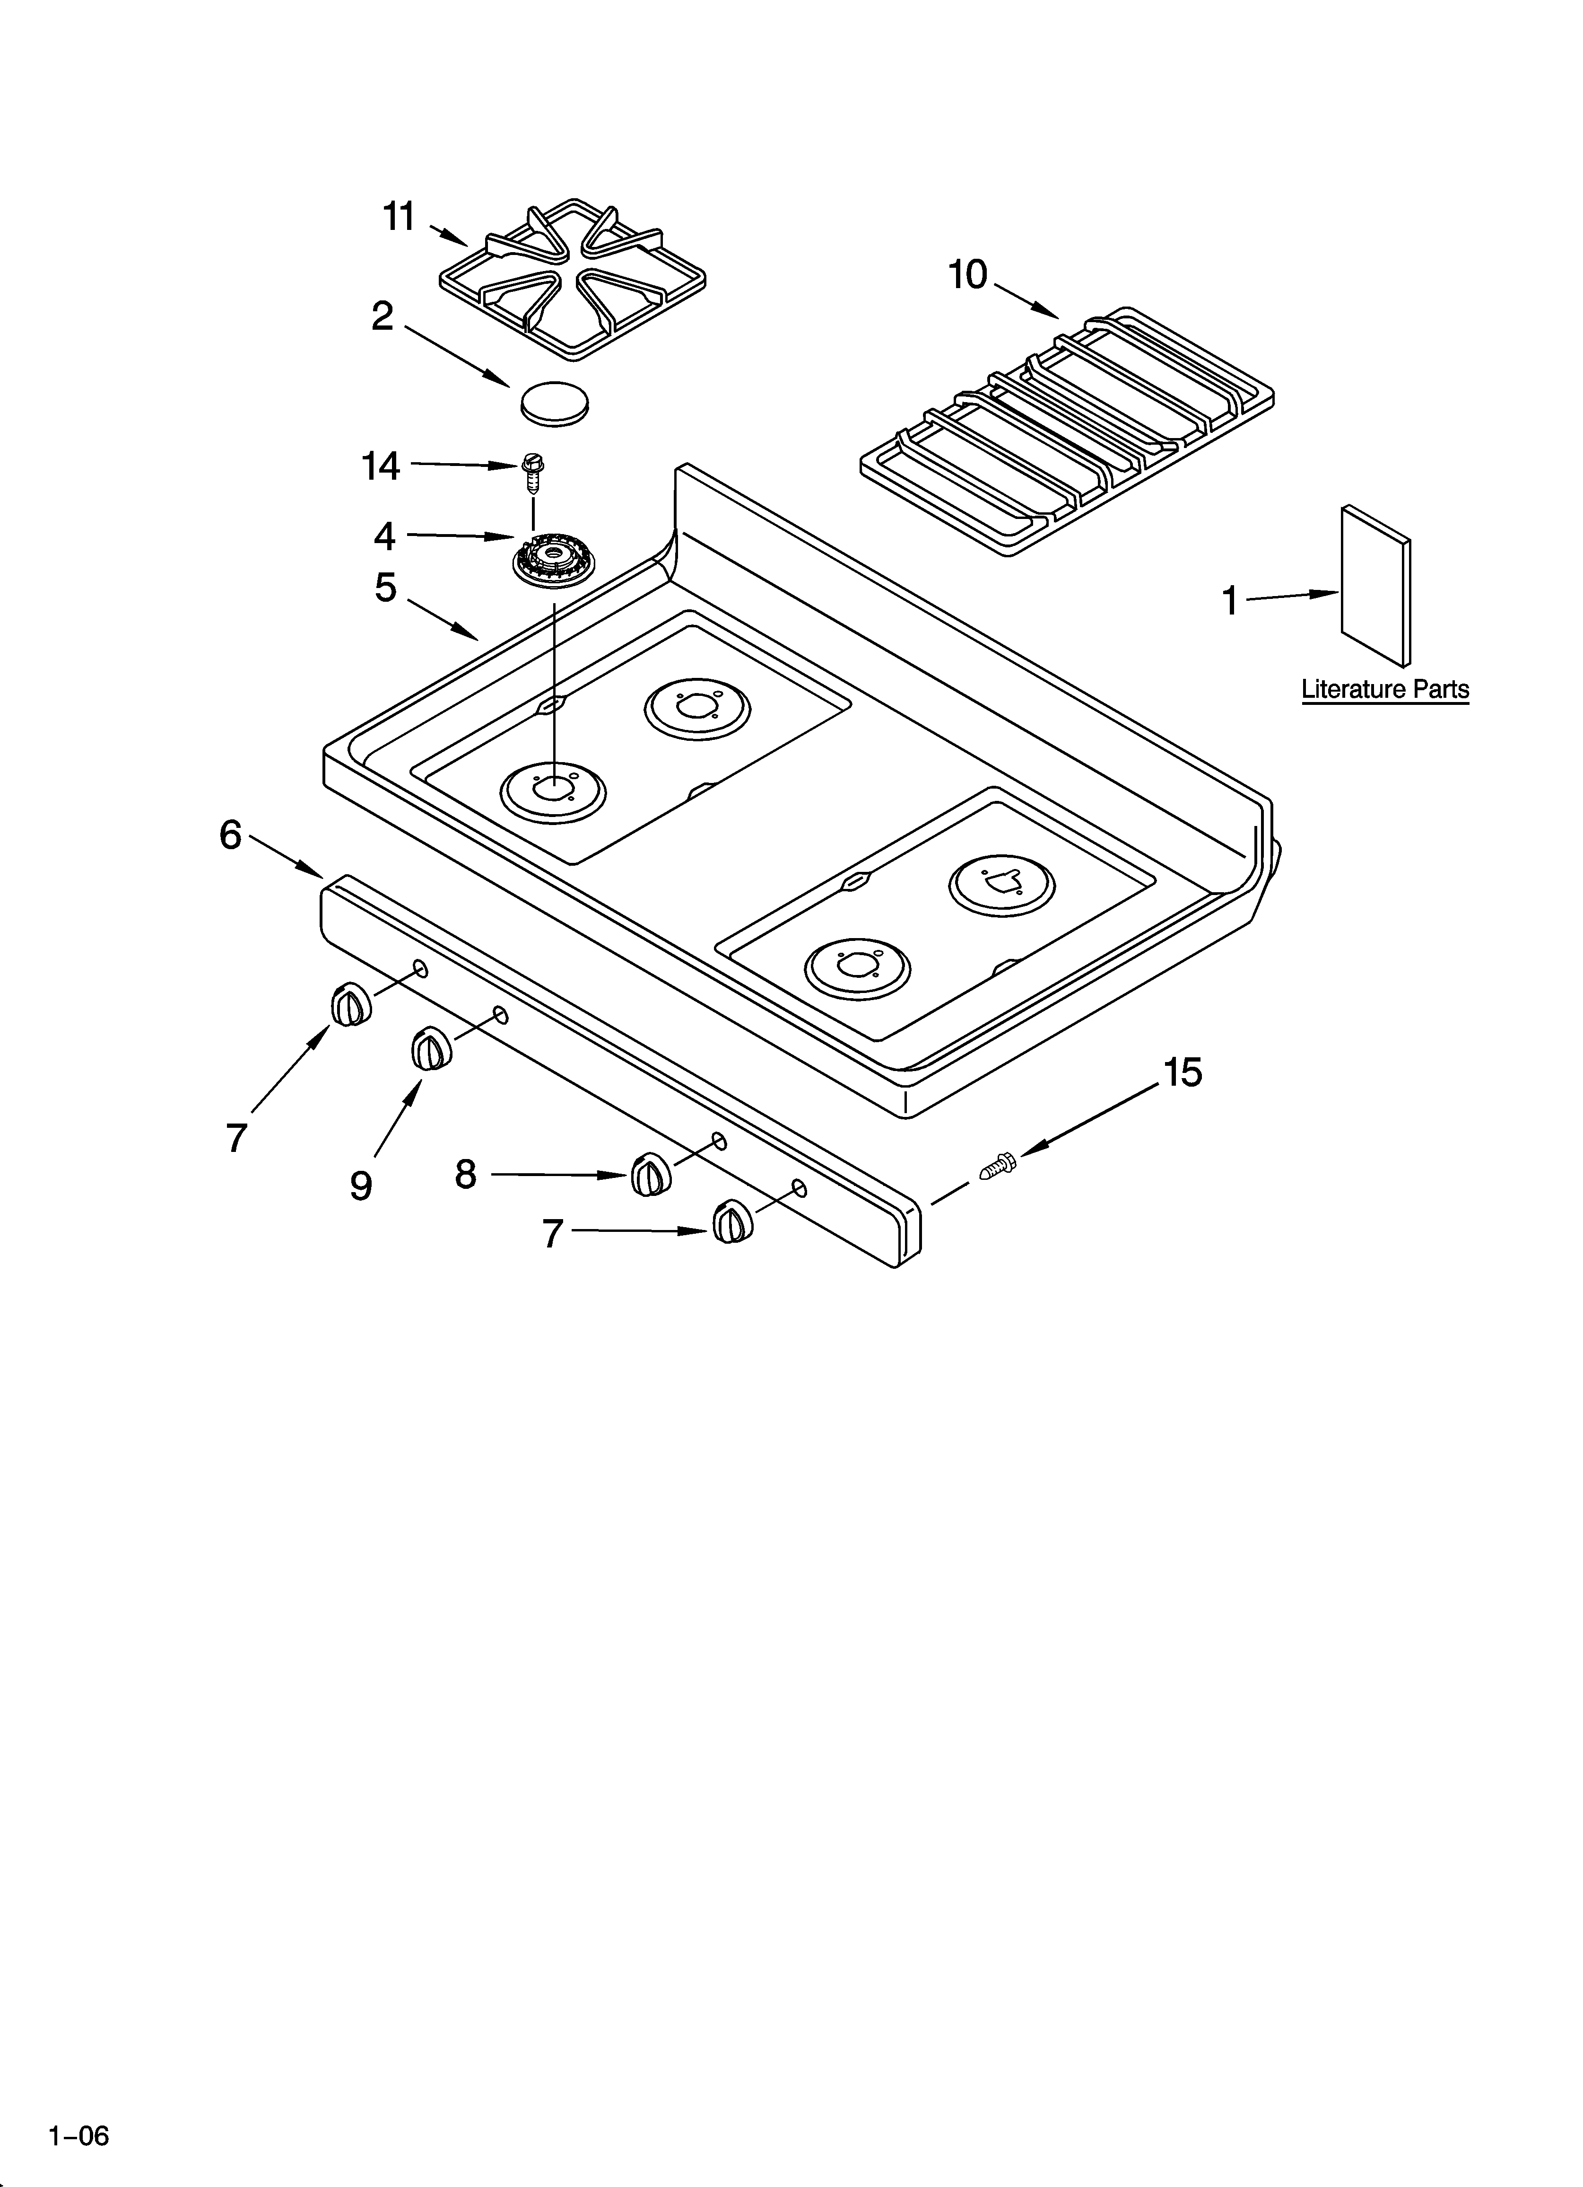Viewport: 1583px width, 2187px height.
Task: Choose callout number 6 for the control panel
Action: click(230, 835)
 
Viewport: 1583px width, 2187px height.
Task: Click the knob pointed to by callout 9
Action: click(431, 1049)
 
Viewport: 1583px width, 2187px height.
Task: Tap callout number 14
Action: click(381, 467)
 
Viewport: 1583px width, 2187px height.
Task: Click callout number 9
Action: click(361, 1185)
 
